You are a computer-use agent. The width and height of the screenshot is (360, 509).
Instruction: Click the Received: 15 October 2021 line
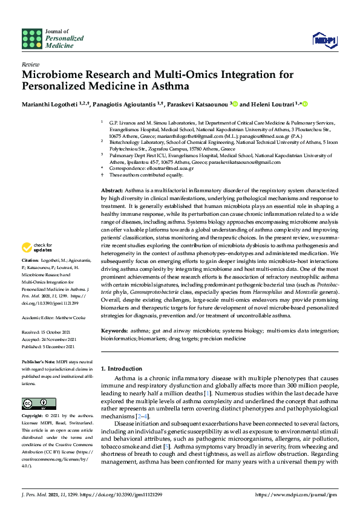pos(48,331)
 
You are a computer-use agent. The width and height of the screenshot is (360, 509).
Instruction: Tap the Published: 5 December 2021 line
pos(50,346)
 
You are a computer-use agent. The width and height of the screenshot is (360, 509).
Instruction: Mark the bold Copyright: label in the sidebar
pos(33,417)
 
